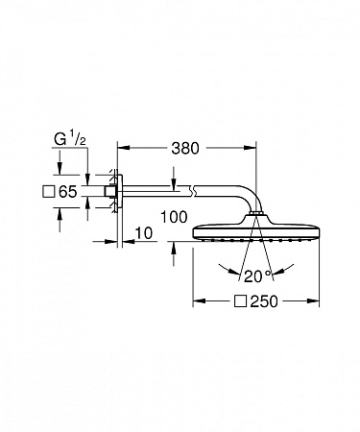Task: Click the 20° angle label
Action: tap(255, 276)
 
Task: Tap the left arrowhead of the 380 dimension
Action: tap(121, 149)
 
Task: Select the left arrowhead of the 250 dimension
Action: tap(200, 302)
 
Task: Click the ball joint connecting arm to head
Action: tap(253, 221)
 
